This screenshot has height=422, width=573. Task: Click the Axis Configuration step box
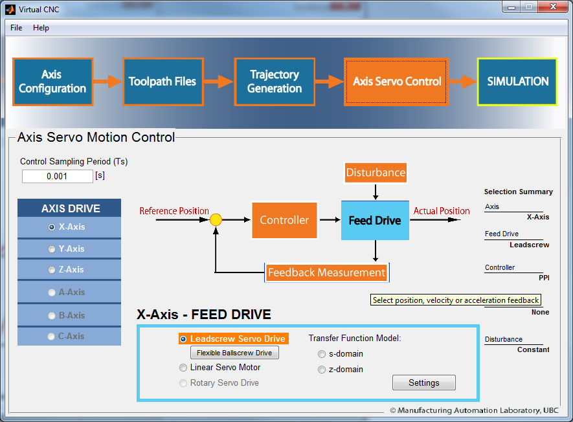pyautogui.click(x=53, y=82)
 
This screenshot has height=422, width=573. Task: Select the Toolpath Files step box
pyautogui.click(x=163, y=82)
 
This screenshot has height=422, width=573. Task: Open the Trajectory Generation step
pyautogui.click(x=275, y=82)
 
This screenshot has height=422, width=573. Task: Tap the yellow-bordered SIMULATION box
pyautogui.click(x=517, y=82)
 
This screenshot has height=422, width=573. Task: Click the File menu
pyautogui.click(x=16, y=28)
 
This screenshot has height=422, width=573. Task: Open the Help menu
pyautogui.click(x=41, y=28)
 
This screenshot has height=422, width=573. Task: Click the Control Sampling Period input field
pyautogui.click(x=58, y=176)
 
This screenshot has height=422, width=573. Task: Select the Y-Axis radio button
pyautogui.click(x=52, y=249)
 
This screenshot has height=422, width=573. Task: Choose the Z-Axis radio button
pyautogui.click(x=52, y=270)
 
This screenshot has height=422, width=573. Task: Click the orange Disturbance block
pyautogui.click(x=376, y=172)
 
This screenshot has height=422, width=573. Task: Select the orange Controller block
pyautogui.click(x=284, y=220)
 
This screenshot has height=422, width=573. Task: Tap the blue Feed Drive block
pyautogui.click(x=375, y=220)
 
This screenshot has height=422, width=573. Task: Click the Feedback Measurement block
pyautogui.click(x=327, y=272)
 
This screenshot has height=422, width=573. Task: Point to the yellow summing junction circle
pyautogui.click(x=216, y=219)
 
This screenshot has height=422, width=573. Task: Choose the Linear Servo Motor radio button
pyautogui.click(x=183, y=368)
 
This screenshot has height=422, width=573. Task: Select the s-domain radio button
pyautogui.click(x=322, y=354)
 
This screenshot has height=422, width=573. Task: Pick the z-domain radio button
pyautogui.click(x=322, y=370)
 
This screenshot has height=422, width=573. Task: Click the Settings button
pyautogui.click(x=424, y=383)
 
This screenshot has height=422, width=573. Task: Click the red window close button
pyautogui.click(x=552, y=6)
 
